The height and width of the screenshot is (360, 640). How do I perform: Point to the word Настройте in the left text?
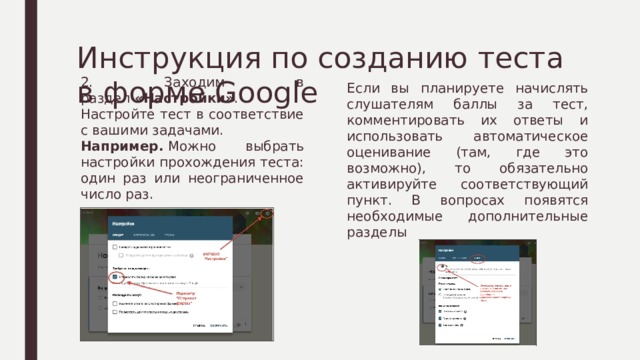point(116,114)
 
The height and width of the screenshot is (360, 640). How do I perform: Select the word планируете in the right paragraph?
point(440,89)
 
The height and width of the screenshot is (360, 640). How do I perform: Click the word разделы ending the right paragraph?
point(375,232)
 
